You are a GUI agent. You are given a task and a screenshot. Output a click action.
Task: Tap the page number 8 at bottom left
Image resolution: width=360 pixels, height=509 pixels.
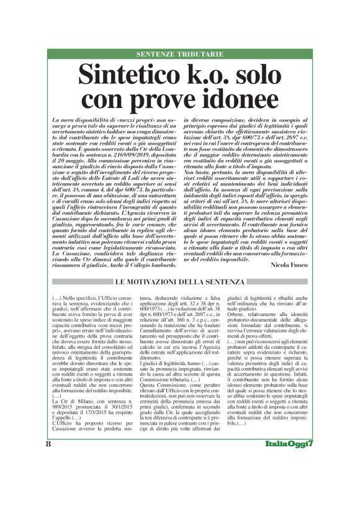pos(48,479)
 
